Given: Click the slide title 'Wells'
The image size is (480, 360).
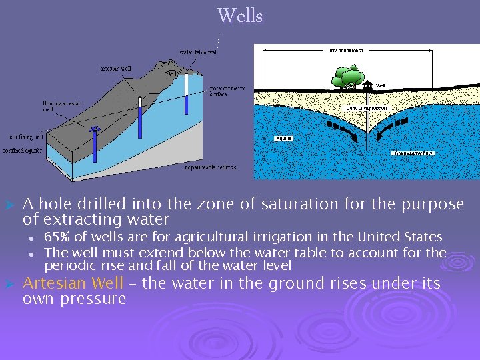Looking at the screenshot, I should (x=240, y=15).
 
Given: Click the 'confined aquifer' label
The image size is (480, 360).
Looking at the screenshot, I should (x=23, y=151).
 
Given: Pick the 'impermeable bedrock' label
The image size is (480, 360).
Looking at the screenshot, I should (x=211, y=167).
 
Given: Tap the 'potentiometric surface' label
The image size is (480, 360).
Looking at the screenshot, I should (x=228, y=91).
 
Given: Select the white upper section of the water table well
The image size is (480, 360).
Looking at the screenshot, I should (x=187, y=83).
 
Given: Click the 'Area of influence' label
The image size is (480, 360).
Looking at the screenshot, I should (x=345, y=50).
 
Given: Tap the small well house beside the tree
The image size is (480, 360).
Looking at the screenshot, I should (x=367, y=85).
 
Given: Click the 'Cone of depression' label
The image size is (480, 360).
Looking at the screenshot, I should (x=367, y=108).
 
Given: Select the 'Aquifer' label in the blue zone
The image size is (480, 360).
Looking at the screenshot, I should (x=283, y=139).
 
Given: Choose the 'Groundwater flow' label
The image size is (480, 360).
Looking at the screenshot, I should (x=413, y=153).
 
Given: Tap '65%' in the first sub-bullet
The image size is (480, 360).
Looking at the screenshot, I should (x=56, y=237).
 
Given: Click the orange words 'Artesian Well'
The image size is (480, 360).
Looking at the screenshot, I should (x=73, y=283).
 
